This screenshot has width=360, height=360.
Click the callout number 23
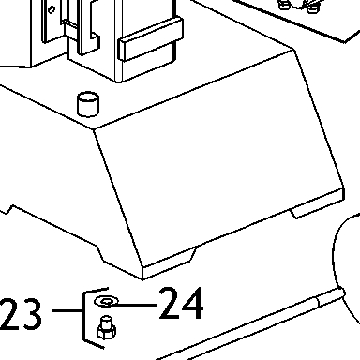tap(20, 314)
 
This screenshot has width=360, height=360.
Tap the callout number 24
tap(181, 303)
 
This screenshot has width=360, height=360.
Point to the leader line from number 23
tap(67, 310)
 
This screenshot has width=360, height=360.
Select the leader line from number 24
tap(133, 305)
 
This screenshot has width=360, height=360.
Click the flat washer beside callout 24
tap(107, 301)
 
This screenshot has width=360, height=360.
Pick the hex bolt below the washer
tap(106, 327)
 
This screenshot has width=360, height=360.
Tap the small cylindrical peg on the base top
tap(88, 104)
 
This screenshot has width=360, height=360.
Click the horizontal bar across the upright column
tap(150, 39)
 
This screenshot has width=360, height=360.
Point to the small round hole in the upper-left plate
tap(52, 9)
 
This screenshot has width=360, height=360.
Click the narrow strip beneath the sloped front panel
tap(244, 233)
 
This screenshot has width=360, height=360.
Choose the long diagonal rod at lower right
tap(250, 325)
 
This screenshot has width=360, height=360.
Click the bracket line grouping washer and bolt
tap(84, 316)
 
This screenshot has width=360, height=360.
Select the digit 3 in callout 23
tap(31, 315)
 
